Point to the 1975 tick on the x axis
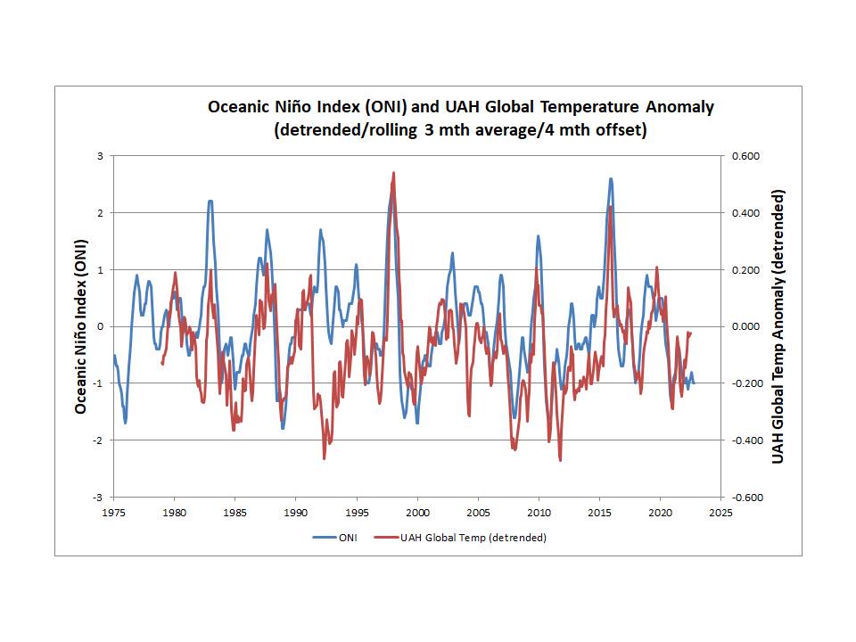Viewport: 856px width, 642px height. pyautogui.click(x=113, y=514)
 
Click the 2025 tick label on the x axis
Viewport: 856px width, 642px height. pyautogui.click(x=720, y=514)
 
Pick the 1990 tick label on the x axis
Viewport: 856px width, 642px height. pyautogui.click(x=296, y=514)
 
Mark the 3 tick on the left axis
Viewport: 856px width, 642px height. pyautogui.click(x=101, y=156)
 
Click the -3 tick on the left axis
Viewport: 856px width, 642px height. pyautogui.click(x=99, y=497)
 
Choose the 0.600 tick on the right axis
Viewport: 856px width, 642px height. pyautogui.click(x=745, y=156)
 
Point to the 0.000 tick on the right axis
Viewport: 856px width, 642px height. pyautogui.click(x=745, y=326)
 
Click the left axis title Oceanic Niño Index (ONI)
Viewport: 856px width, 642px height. pyautogui.click(x=81, y=326)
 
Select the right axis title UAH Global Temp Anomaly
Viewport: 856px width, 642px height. pyautogui.click(x=778, y=326)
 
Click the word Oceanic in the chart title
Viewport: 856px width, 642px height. pyautogui.click(x=239, y=107)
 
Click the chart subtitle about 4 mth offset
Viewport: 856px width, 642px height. pyautogui.click(x=460, y=130)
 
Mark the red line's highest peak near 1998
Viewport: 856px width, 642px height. pyautogui.click(x=393, y=173)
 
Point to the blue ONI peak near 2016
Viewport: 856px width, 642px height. pyautogui.click(x=611, y=178)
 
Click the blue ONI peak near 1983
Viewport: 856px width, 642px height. pyautogui.click(x=210, y=201)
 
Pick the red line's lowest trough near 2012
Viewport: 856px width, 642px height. pyautogui.click(x=560, y=460)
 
